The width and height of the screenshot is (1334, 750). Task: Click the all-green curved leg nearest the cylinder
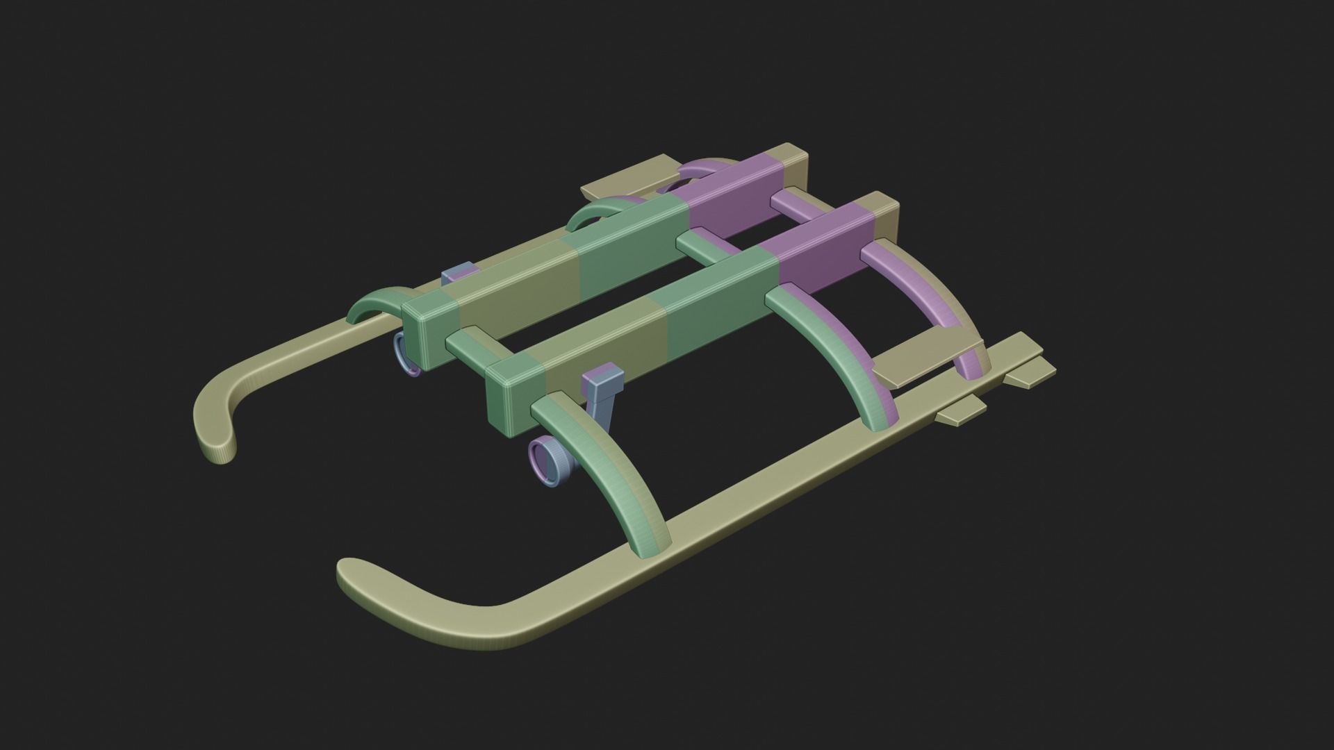[x=611, y=479]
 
